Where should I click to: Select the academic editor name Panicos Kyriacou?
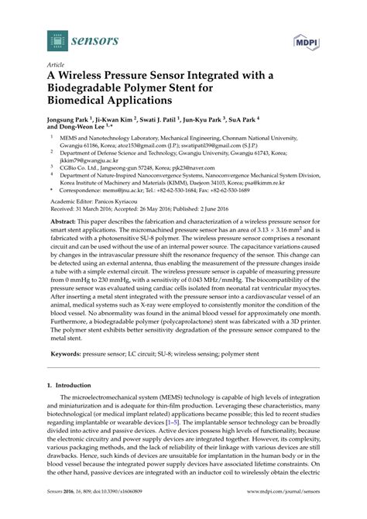tap(121, 201)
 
